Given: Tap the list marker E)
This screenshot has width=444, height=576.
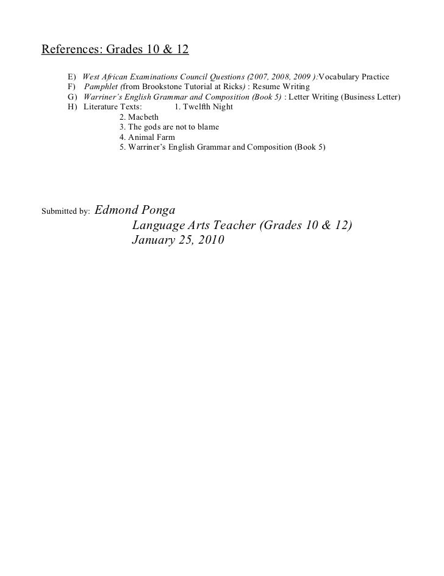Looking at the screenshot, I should pyautogui.click(x=71, y=78).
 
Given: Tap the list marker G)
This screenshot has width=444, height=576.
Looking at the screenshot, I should pyautogui.click(x=72, y=97).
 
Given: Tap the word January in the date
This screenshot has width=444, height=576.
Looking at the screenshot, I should pyautogui.click(x=154, y=241).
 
